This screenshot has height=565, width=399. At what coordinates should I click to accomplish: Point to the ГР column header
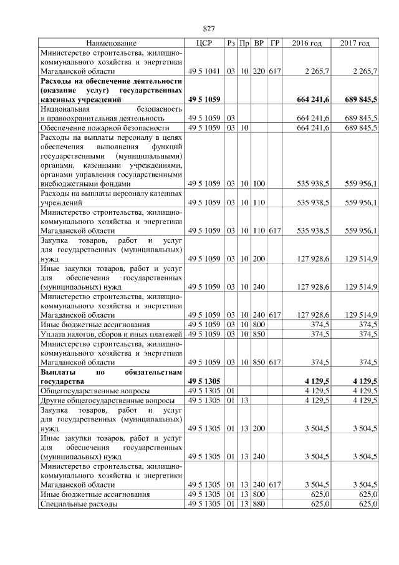(275, 43)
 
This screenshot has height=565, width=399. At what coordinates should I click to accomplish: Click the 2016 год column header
(307, 43)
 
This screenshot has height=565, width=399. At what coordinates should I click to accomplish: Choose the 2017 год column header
(355, 43)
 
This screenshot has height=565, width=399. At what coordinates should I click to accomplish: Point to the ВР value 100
(259, 184)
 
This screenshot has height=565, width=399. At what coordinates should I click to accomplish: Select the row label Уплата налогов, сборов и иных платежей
(110, 334)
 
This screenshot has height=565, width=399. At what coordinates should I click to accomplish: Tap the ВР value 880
(259, 504)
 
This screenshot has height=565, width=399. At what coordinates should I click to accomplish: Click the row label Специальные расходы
(79, 504)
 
